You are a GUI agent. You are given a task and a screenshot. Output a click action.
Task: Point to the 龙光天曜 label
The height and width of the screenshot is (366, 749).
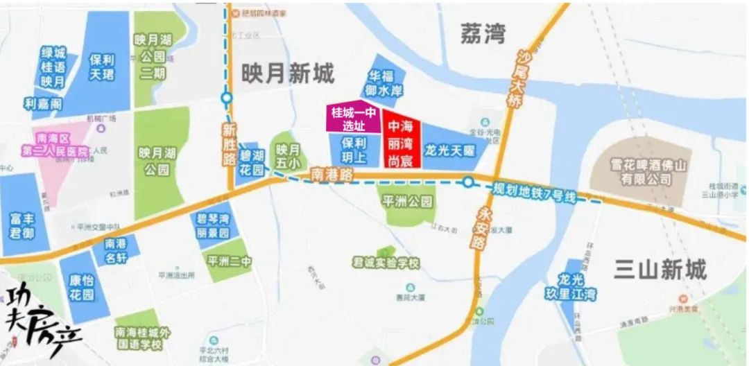tap(449, 149)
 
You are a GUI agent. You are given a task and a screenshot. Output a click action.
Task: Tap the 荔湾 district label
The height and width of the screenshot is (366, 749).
tap(483, 33)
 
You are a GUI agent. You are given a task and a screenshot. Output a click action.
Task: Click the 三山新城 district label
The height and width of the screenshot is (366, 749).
tap(660, 269)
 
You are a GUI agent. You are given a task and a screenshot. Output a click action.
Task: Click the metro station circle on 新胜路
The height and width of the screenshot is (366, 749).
tap(227, 98)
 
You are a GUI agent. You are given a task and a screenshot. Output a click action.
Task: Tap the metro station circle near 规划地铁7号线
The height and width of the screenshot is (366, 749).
tap(469, 183)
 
